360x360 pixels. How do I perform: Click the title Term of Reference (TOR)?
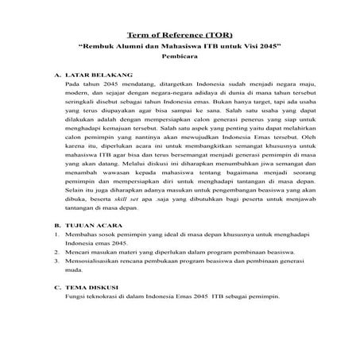(180, 34)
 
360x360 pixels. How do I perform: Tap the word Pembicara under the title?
(180, 58)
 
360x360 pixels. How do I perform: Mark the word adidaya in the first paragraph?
(187, 92)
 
